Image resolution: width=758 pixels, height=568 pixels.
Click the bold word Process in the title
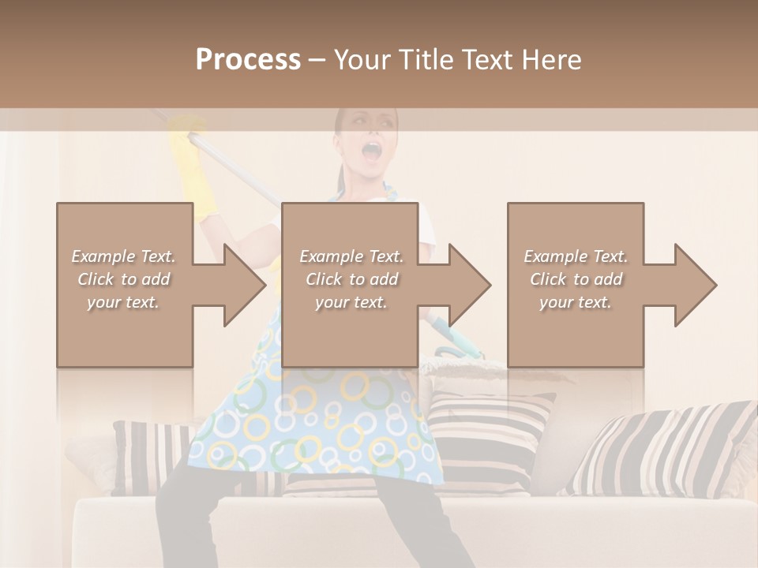coord(248,60)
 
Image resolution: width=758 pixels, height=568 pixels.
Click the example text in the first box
coord(124,279)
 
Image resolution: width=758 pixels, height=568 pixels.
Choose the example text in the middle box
coord(351,279)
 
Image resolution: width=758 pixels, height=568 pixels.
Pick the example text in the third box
coord(576,279)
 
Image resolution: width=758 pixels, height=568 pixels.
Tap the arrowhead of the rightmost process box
coord(695,285)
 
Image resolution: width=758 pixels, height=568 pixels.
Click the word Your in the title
coord(363,60)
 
